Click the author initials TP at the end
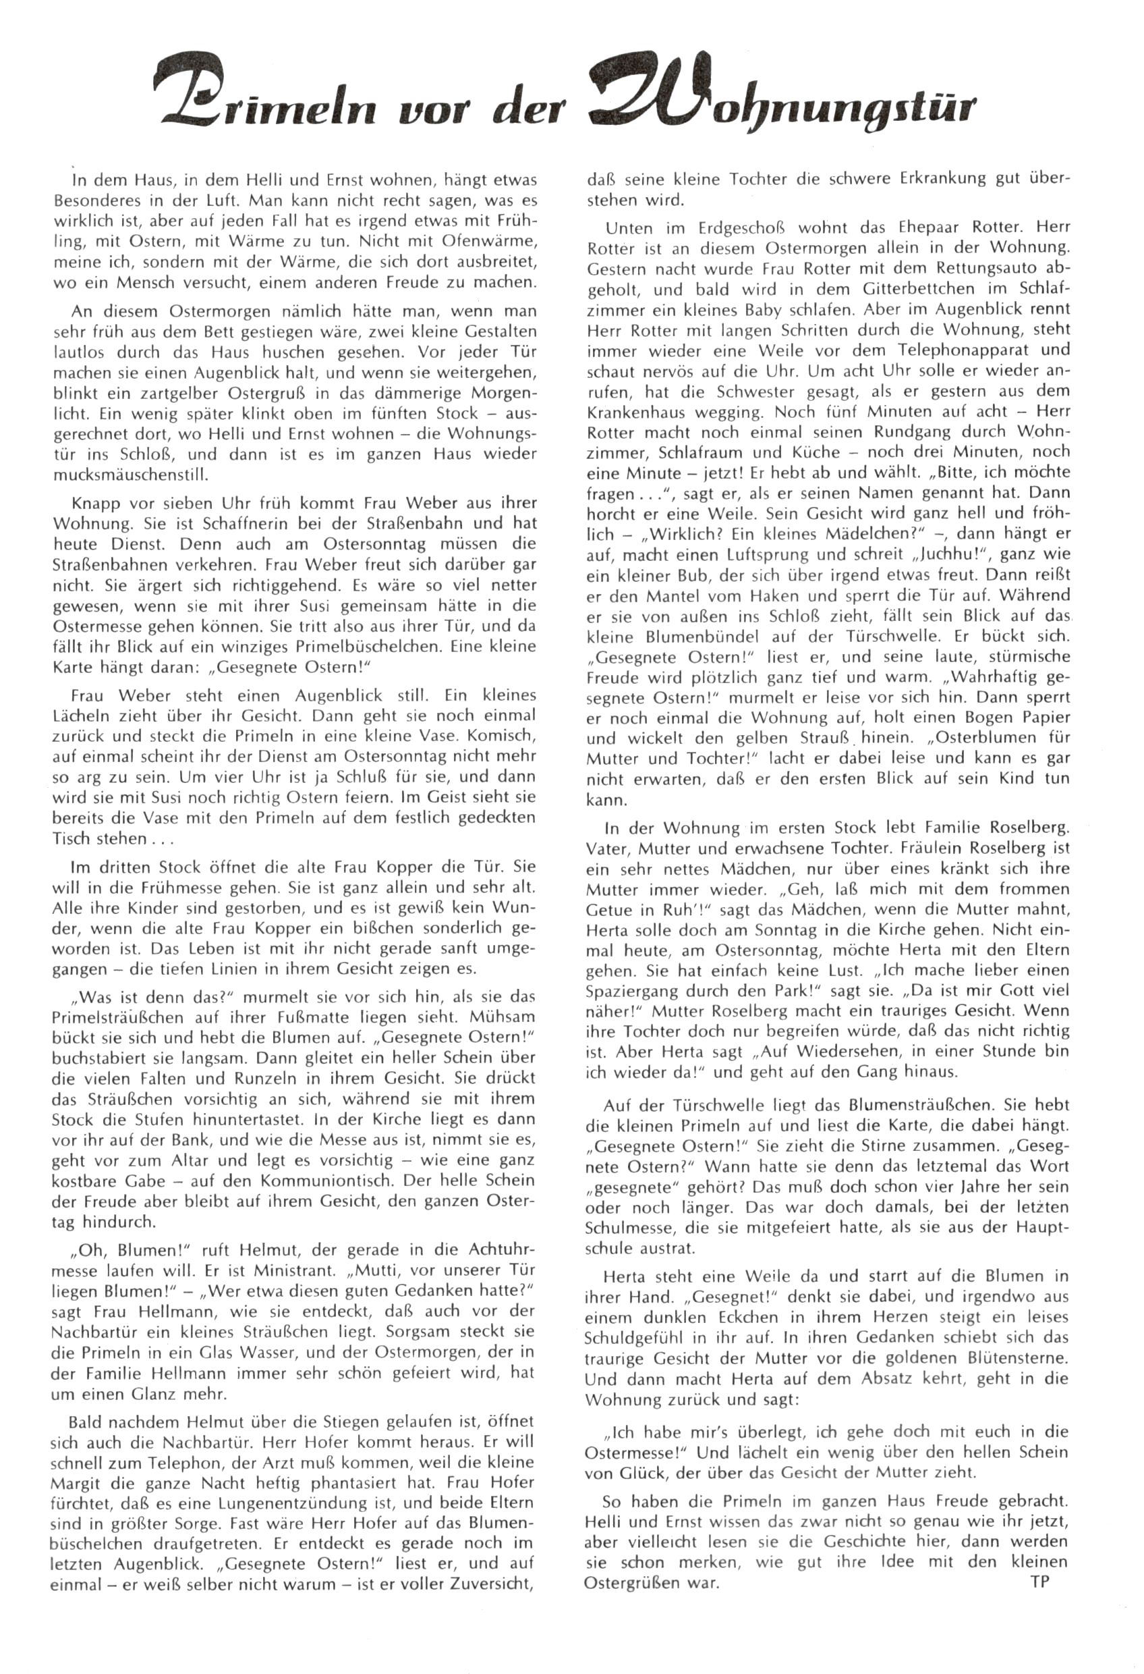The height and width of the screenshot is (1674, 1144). (x=1039, y=1581)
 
